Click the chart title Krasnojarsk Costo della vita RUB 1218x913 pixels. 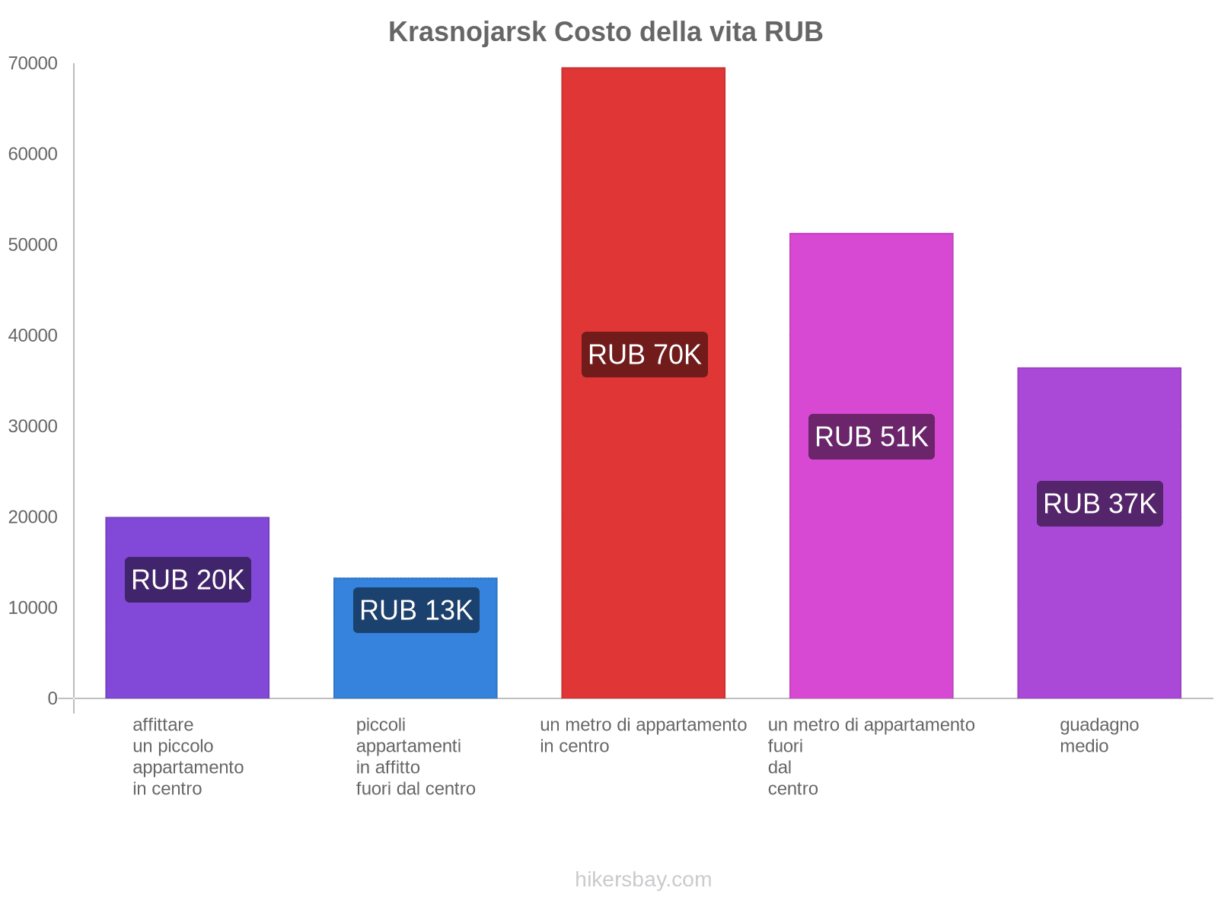(x=605, y=32)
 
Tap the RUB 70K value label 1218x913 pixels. (x=644, y=355)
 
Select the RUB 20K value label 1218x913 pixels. (x=187, y=580)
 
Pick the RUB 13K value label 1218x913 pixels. (x=416, y=610)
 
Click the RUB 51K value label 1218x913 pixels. (x=871, y=437)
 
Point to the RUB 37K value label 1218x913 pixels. (x=1099, y=504)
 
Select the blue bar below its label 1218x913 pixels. (x=416, y=666)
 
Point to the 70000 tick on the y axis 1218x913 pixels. (x=33, y=63)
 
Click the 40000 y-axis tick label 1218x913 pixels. (x=33, y=336)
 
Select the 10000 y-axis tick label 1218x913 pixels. (x=33, y=608)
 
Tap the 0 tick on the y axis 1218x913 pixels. (x=53, y=698)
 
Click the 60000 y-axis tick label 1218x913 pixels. (x=33, y=154)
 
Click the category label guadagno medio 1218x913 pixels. (x=1098, y=735)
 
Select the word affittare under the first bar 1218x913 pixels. (x=163, y=724)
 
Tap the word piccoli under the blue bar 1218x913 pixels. (x=381, y=724)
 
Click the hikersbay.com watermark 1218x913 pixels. (x=643, y=880)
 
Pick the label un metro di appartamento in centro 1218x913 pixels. (x=643, y=735)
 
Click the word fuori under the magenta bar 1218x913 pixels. (x=785, y=746)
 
